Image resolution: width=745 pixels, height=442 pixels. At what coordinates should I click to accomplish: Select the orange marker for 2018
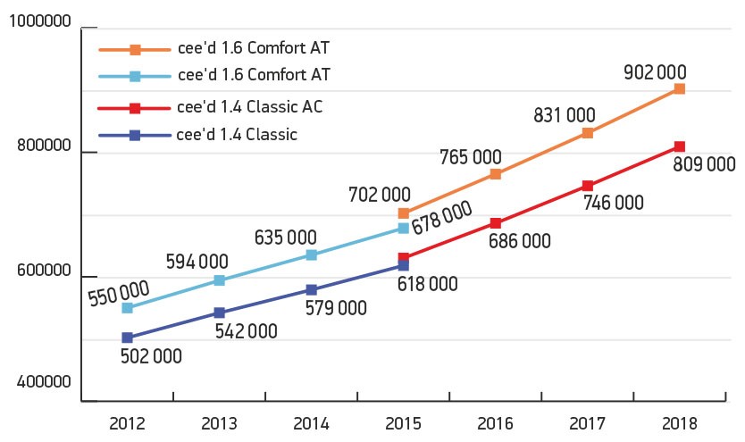[679, 89]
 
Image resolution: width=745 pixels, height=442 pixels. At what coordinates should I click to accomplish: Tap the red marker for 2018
[679, 146]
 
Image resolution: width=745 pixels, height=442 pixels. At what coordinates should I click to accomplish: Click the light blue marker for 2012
[127, 308]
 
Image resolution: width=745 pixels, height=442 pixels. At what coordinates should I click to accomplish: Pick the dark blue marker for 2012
[127, 338]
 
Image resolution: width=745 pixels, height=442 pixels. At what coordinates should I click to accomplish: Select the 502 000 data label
[150, 356]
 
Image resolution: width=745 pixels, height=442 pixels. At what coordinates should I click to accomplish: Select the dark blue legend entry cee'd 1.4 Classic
[237, 135]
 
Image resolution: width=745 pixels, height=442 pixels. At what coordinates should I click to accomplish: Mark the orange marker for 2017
[587, 133]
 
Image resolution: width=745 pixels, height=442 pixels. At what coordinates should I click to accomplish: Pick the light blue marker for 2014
[311, 255]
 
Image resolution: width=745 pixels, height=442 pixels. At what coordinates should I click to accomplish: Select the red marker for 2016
[495, 223]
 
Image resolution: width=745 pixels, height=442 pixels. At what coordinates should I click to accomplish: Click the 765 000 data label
[470, 157]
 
